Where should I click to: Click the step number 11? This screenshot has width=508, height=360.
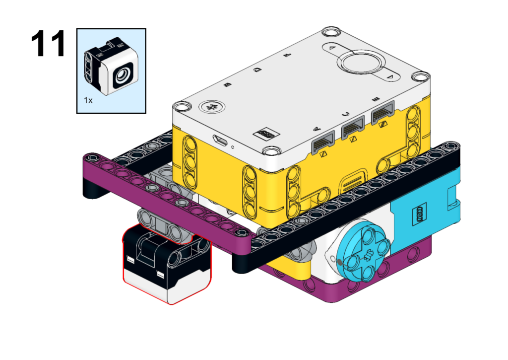click(48, 44)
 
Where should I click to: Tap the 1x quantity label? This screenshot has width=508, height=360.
click(88, 100)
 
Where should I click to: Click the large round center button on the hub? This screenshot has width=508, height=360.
click(361, 62)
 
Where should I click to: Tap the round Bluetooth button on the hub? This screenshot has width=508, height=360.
click(212, 107)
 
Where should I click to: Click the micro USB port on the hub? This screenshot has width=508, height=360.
click(220, 140)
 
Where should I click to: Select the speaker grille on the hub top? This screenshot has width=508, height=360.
click(266, 134)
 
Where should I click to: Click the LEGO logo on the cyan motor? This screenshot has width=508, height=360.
click(420, 215)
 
